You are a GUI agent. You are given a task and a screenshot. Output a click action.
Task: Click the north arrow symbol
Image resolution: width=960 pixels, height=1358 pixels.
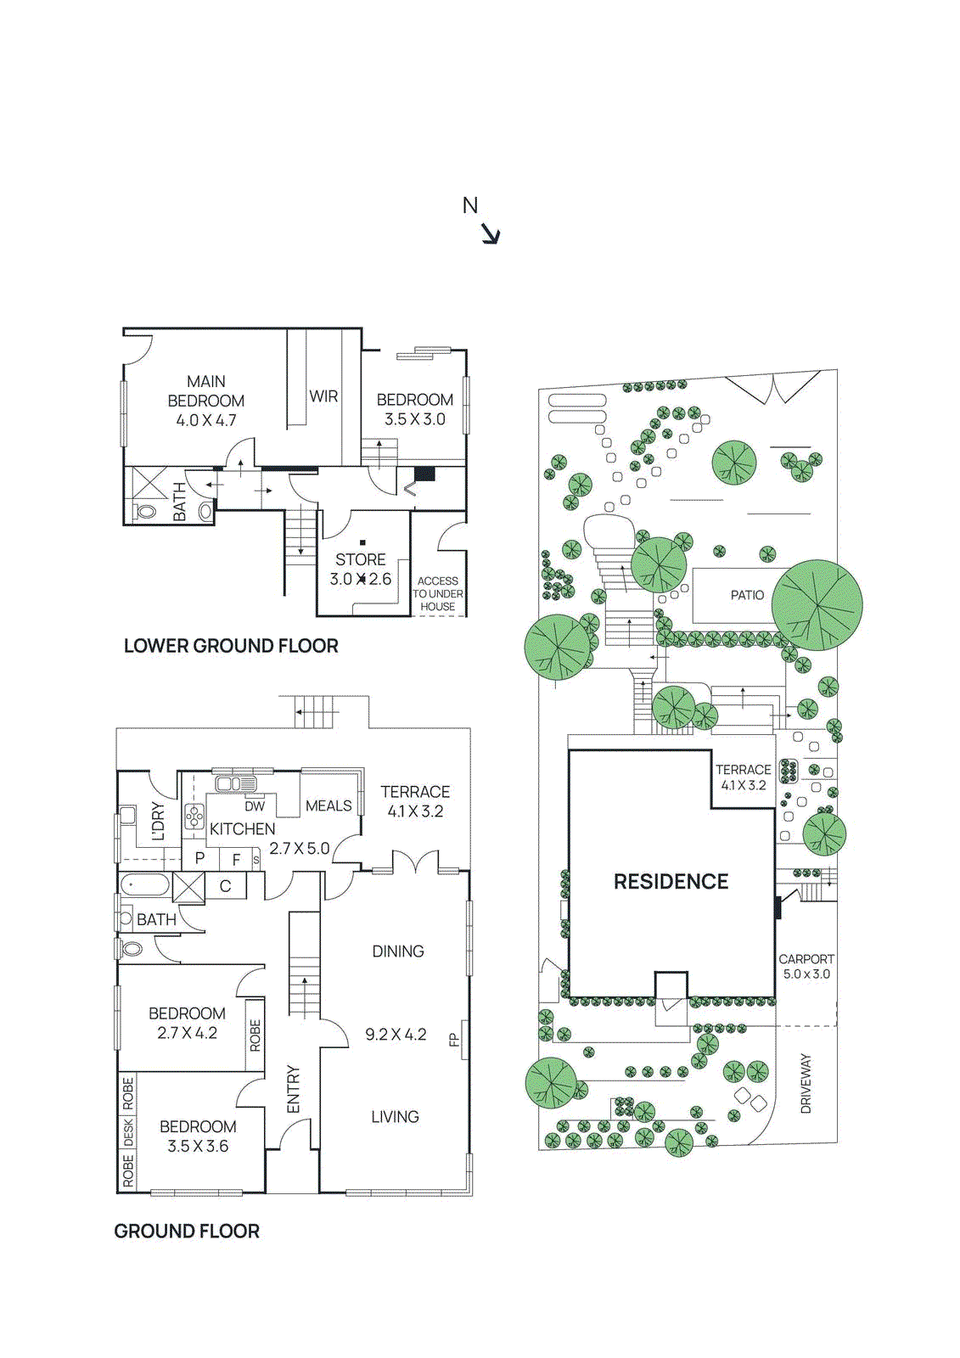(x=491, y=233)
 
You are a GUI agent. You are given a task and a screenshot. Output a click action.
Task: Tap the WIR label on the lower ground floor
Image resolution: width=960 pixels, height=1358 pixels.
(x=323, y=396)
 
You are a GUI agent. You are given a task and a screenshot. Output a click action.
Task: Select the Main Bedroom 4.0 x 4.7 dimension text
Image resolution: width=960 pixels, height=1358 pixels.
(x=206, y=420)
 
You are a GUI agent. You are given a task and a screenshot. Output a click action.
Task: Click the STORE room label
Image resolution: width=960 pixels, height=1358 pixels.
(x=361, y=559)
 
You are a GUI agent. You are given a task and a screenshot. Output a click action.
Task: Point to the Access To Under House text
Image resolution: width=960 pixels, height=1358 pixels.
(x=438, y=593)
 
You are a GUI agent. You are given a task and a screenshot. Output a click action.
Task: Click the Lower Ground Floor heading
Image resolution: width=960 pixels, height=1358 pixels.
(x=231, y=646)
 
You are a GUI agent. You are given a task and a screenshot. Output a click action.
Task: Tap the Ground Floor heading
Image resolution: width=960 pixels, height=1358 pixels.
(x=187, y=1231)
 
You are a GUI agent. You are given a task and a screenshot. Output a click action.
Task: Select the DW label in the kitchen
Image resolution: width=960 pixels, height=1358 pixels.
(x=255, y=806)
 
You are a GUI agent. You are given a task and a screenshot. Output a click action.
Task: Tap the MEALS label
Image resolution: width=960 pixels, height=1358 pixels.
(x=328, y=805)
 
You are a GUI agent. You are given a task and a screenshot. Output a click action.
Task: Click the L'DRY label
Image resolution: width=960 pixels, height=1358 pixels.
(x=158, y=821)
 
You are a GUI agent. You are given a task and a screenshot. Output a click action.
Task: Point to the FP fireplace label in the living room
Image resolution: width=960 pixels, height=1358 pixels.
(x=454, y=1039)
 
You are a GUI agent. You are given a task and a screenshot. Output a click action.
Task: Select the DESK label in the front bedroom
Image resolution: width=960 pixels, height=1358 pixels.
(x=128, y=1131)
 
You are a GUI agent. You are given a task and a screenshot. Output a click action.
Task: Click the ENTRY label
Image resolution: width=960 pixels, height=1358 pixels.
(x=294, y=1089)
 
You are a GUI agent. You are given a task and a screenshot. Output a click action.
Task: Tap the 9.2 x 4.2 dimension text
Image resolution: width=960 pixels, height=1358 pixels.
(x=396, y=1034)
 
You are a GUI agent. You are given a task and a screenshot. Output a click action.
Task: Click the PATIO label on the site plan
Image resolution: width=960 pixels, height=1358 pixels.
(x=747, y=595)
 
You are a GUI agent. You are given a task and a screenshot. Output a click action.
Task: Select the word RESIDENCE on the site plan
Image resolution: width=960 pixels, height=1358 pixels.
(x=671, y=882)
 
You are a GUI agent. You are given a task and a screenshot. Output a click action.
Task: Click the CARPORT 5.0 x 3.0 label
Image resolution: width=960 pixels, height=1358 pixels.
(x=806, y=967)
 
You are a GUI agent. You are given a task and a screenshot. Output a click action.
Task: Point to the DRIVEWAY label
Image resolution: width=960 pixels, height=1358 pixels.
(x=806, y=1084)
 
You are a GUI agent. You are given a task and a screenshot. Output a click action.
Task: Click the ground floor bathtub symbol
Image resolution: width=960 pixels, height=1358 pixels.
(x=143, y=886)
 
